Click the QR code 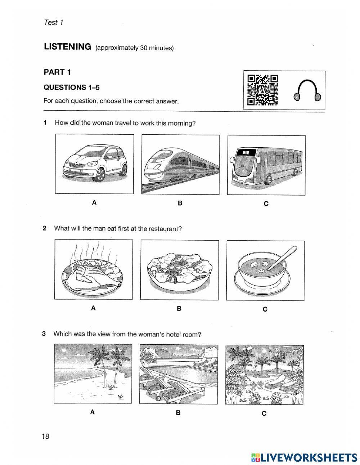point(263,90)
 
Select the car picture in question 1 point(94,164)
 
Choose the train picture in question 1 point(180,164)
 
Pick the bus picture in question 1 point(266,165)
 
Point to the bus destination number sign point(246,152)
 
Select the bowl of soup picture point(265,270)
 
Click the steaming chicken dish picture point(94,269)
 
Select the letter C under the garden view point(264,413)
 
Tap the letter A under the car point(94,203)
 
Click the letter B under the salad point(179,309)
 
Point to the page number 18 point(45,437)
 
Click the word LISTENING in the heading point(67,47)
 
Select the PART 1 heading point(57,72)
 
